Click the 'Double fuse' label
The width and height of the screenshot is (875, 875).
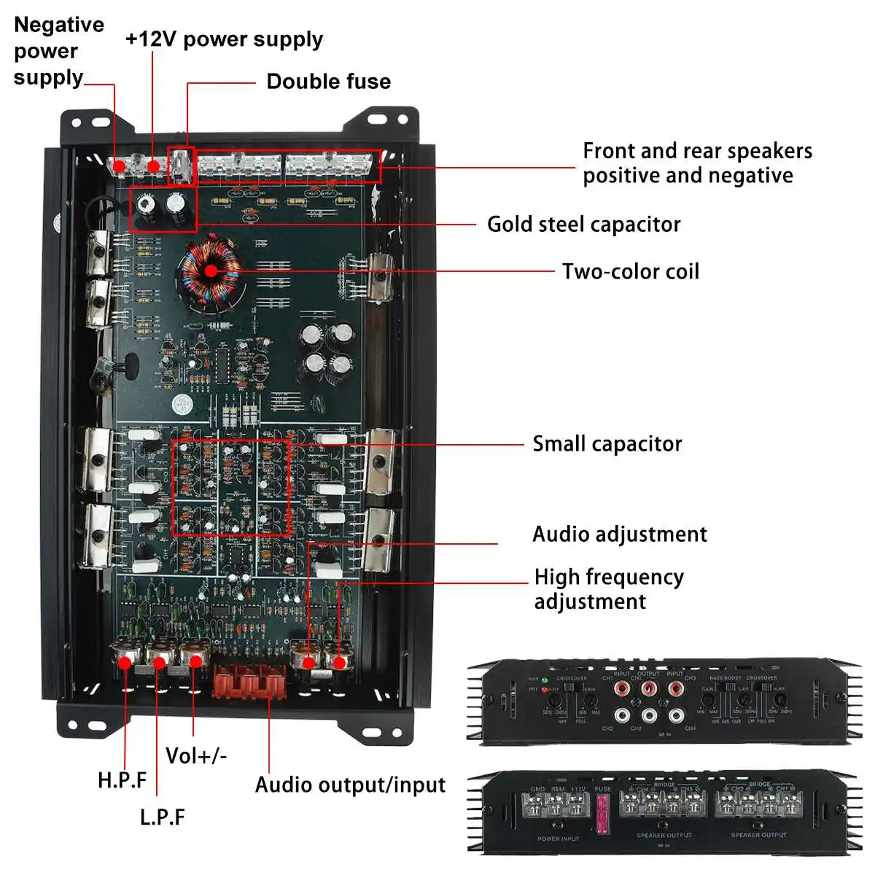(x=328, y=81)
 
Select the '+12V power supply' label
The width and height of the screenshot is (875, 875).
(x=224, y=39)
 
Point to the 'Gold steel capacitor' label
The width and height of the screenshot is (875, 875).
(x=583, y=224)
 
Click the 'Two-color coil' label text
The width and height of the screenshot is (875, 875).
(x=630, y=271)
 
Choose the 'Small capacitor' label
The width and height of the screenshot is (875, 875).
(x=607, y=443)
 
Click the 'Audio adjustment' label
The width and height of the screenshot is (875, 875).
(x=619, y=534)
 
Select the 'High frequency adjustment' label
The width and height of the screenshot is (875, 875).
(x=608, y=588)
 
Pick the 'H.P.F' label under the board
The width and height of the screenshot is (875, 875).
(x=122, y=780)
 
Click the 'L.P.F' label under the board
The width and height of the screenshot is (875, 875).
(x=162, y=817)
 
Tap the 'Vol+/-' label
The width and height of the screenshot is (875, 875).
(x=195, y=755)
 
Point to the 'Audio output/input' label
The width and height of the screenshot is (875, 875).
(x=350, y=785)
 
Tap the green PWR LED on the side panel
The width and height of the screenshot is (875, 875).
(x=545, y=680)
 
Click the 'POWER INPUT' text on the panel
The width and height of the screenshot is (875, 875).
(x=559, y=839)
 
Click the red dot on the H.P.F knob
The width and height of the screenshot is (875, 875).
(x=125, y=663)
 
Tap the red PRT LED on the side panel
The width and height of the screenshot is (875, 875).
(x=545, y=689)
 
